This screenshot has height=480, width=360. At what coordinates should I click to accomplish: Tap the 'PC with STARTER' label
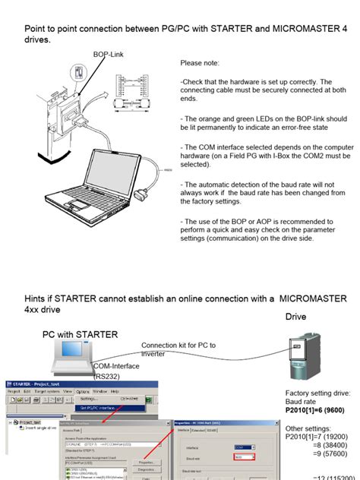(x=80, y=335)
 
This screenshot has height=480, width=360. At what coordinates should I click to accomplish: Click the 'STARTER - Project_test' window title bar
(x=46, y=384)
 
